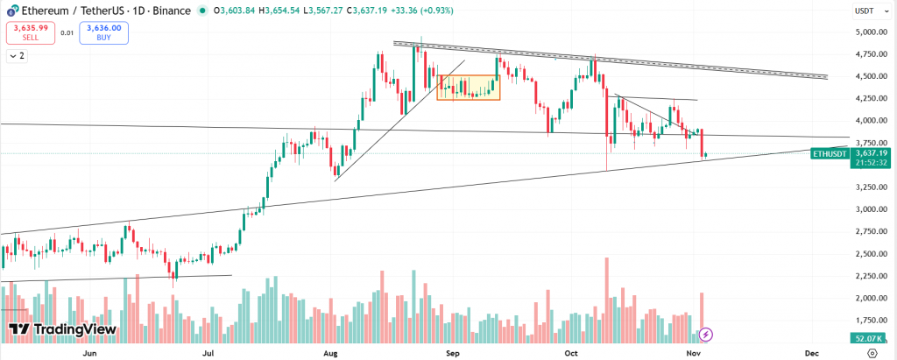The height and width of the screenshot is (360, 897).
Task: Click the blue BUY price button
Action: (102, 33)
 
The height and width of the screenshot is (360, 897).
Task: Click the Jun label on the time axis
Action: (88, 352)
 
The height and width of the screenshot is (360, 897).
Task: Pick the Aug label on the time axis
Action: (330, 352)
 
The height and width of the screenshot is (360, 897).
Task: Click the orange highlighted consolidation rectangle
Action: (468, 87)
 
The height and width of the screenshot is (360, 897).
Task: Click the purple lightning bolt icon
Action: (706, 334)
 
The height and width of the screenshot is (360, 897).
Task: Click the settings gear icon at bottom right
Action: (872, 352)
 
